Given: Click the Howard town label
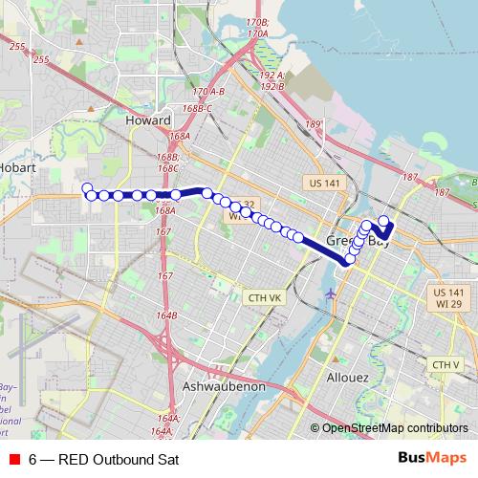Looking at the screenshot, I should click(148, 121).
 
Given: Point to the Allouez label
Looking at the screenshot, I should click(348, 378).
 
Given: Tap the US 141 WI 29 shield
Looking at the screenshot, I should click(447, 297).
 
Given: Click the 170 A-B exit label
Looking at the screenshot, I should click(208, 92).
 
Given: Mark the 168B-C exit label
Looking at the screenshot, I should click(196, 108).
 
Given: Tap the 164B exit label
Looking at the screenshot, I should click(168, 315).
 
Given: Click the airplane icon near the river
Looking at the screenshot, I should click(332, 293).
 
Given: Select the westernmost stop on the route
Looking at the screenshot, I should click(86, 188).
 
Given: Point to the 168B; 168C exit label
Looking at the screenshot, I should click(168, 163).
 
